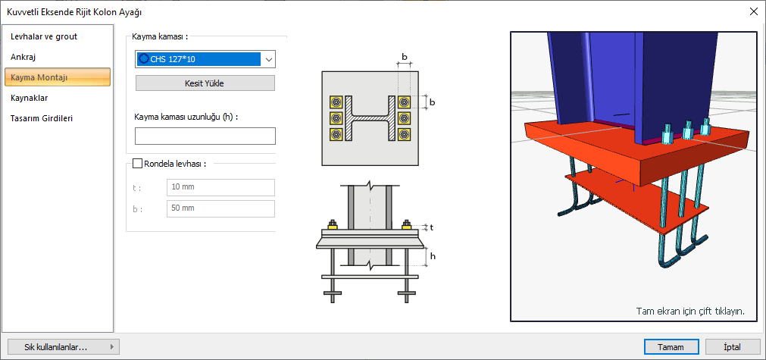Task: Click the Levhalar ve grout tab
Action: point(44,36)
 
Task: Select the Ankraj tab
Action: point(23,57)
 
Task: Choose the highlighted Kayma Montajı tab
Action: point(58,77)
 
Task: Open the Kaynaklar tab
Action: point(29,98)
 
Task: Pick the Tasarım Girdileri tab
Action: point(42,118)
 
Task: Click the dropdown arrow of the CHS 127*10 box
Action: point(269,60)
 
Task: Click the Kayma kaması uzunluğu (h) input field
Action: point(205,136)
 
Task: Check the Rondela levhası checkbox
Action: point(137,164)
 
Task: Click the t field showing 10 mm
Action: point(220,187)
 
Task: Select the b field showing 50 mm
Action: point(220,208)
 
